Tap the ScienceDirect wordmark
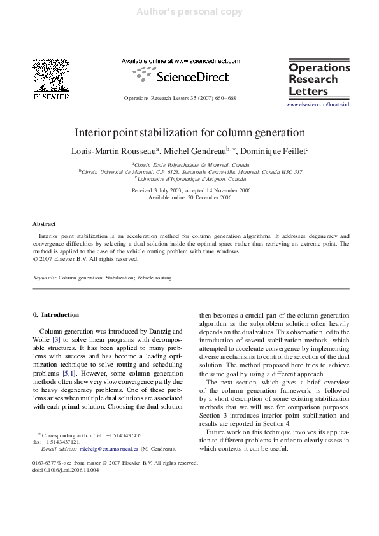[180, 77]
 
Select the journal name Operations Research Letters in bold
[319, 79]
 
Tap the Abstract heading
[44, 224]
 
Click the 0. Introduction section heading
[55, 314]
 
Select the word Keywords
[45, 278]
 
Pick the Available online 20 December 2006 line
[190, 198]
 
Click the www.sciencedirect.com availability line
[180, 61]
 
